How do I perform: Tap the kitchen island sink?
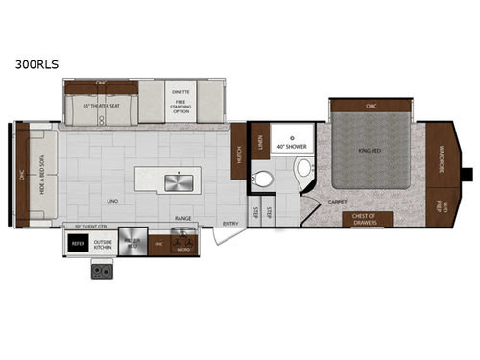[176, 180]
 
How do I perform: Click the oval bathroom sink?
[303, 169]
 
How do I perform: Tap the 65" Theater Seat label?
[99, 102]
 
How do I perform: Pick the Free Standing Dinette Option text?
[180, 100]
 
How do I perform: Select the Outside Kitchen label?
[104, 244]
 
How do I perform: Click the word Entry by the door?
[230, 224]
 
